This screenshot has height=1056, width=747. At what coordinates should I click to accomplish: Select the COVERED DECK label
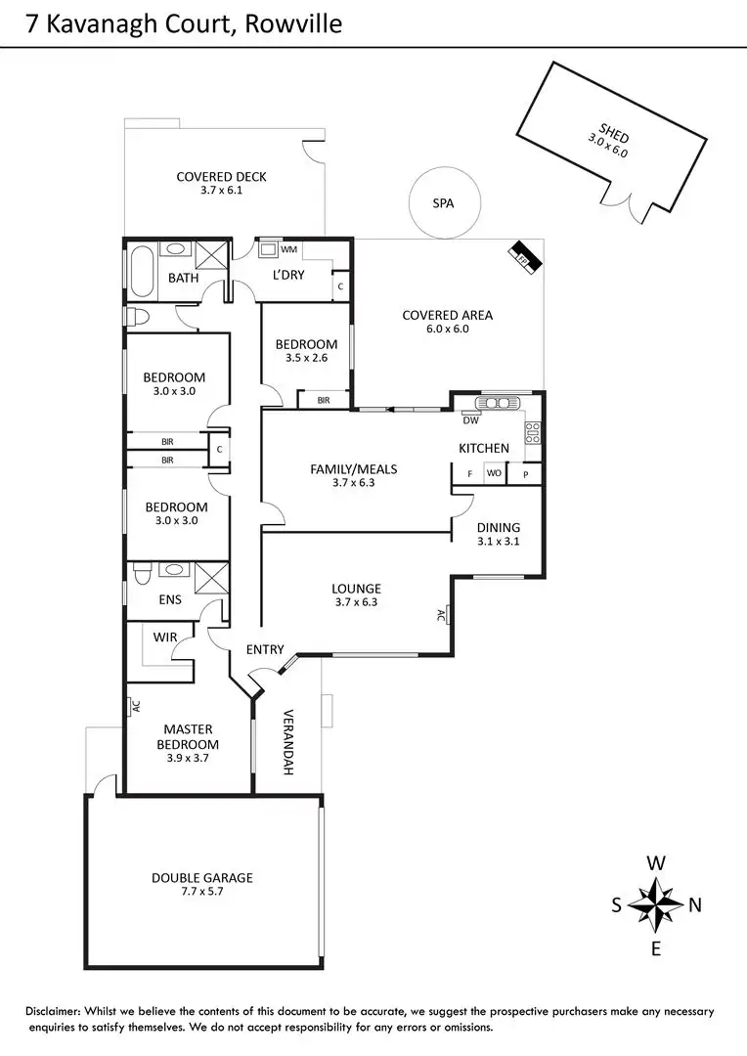point(221,177)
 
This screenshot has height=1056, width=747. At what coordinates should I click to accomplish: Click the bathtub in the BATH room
point(140,272)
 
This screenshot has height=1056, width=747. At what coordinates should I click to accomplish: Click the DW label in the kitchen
point(470,420)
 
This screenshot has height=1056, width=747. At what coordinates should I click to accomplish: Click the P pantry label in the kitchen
point(525,474)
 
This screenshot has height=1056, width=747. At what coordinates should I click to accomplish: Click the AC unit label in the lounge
point(441,616)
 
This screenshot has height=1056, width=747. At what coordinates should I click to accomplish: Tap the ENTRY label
point(265,649)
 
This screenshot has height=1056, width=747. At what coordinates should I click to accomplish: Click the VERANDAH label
point(288,742)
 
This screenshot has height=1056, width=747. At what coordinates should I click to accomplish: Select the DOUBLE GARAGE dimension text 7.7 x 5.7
point(202,892)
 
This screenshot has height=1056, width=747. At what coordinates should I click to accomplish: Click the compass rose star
point(656,904)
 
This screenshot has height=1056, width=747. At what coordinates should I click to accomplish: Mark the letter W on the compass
point(657,863)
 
